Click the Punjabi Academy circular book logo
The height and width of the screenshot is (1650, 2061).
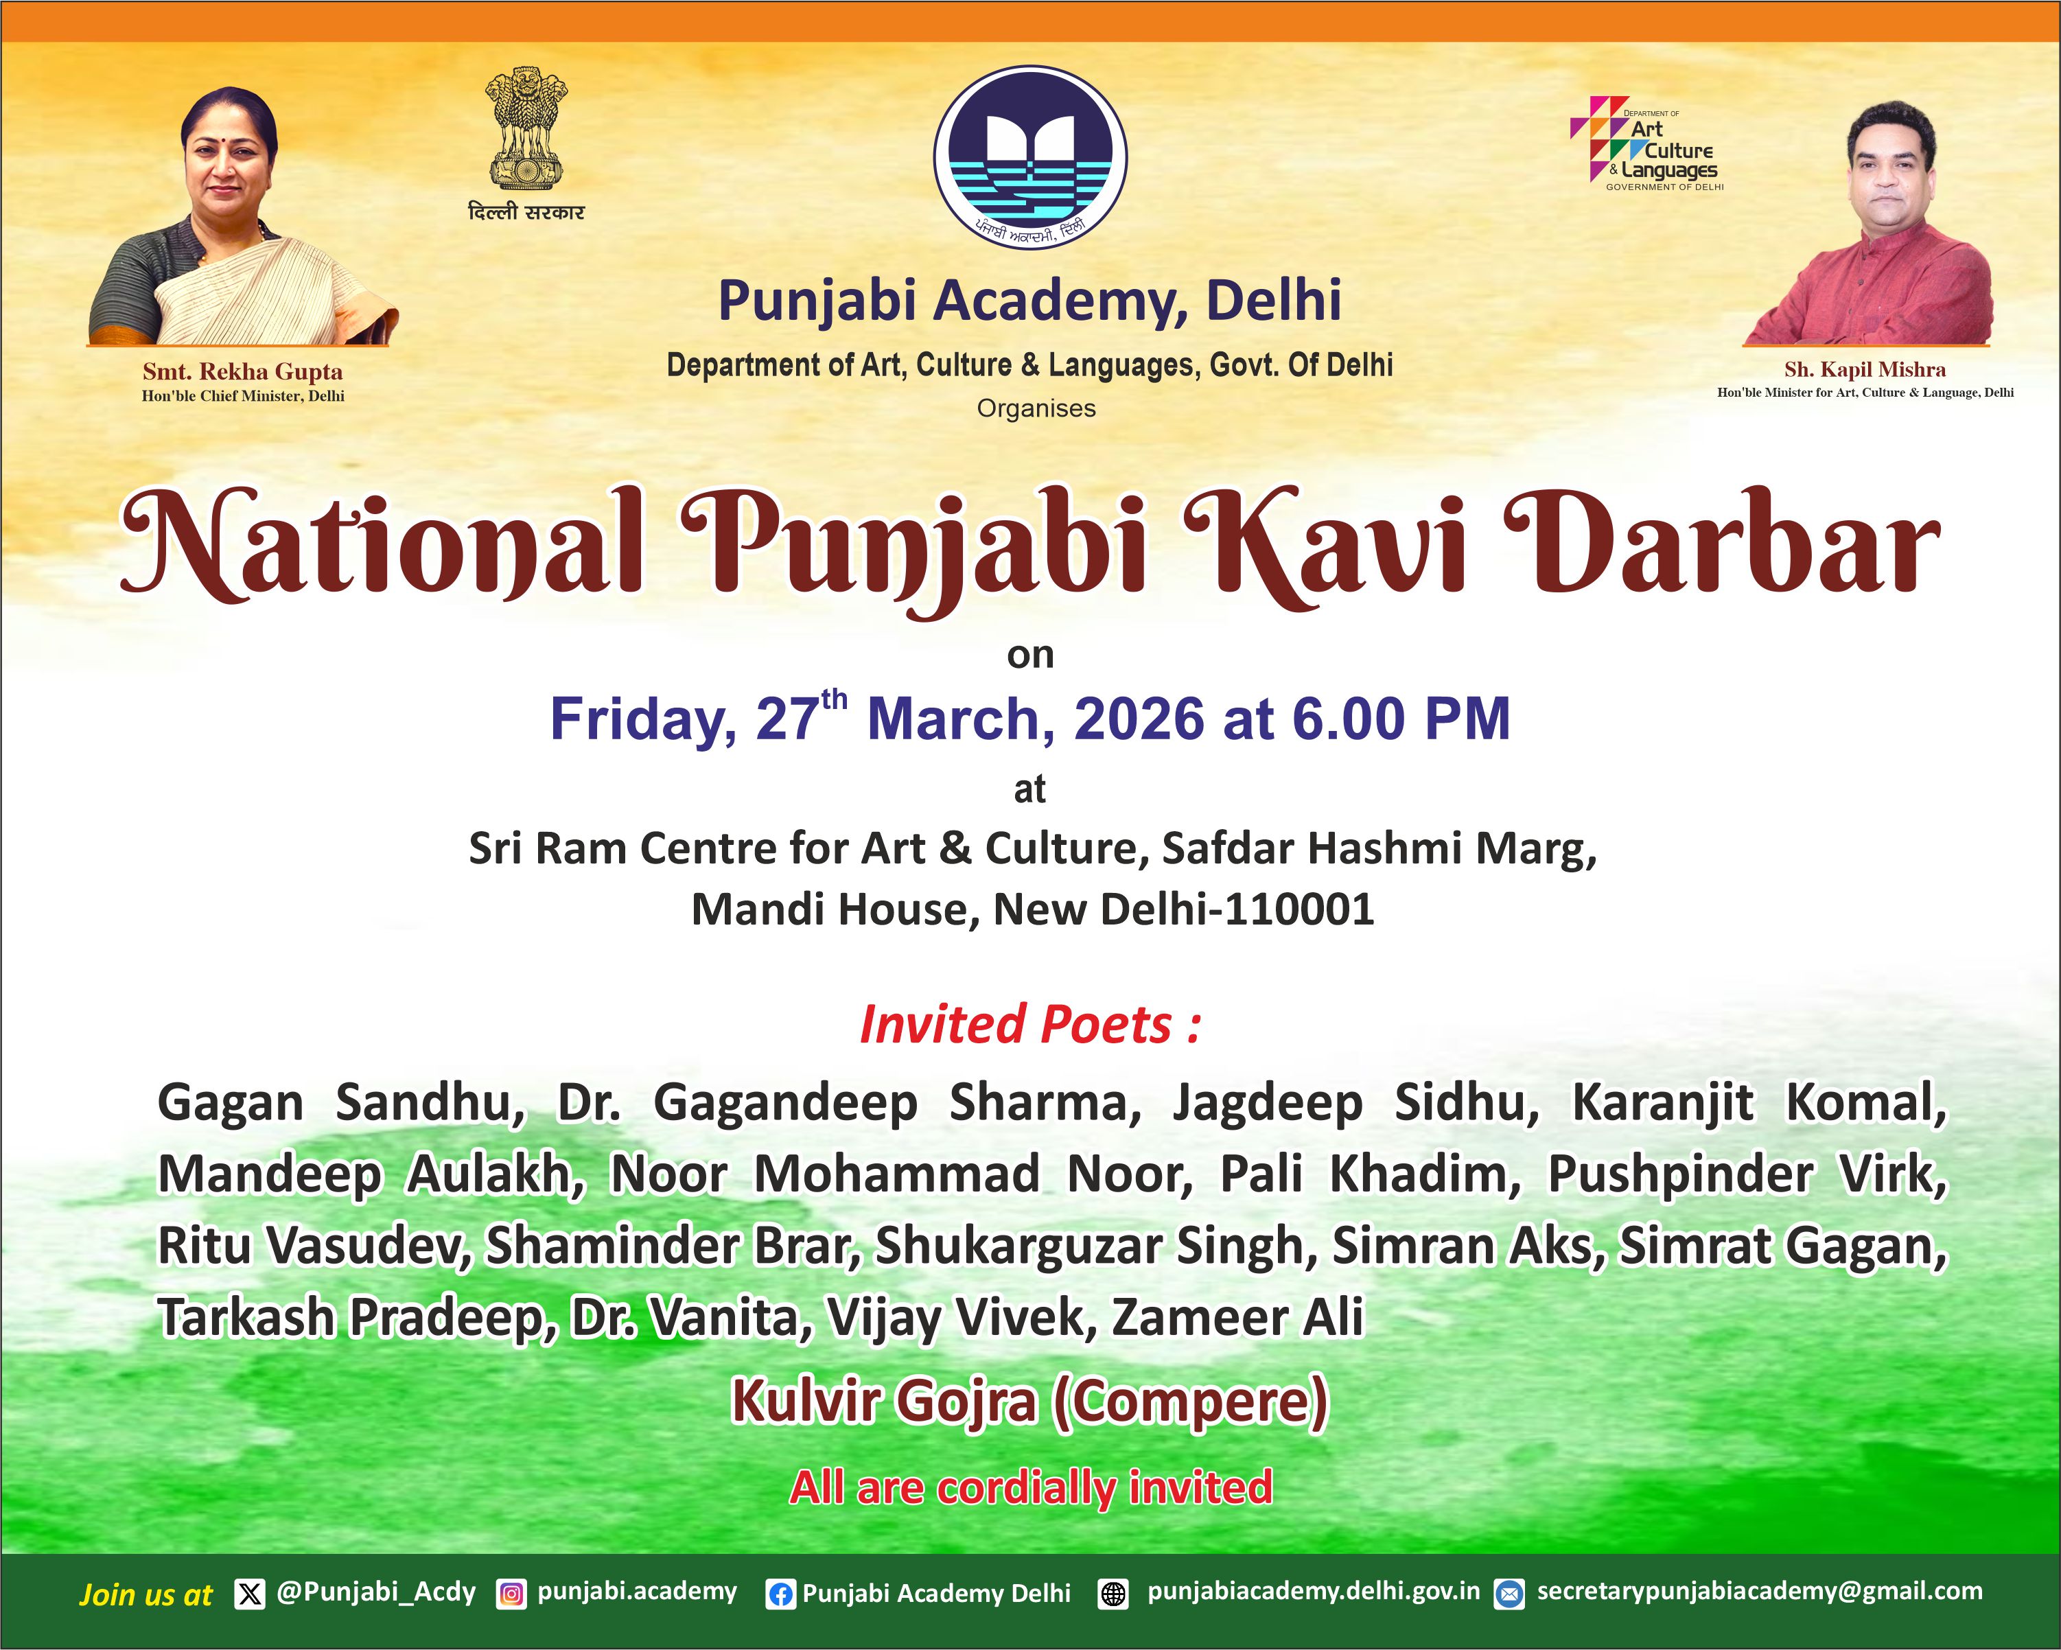(x=1031, y=158)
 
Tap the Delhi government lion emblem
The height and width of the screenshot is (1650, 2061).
(x=526, y=128)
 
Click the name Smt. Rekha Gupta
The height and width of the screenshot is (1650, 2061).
(x=243, y=372)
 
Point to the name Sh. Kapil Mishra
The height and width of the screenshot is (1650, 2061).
(x=1865, y=370)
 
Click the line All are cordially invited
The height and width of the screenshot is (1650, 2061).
(x=1031, y=1487)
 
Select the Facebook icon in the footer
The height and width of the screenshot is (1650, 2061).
(x=781, y=1594)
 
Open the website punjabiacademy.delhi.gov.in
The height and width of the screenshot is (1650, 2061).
(x=1314, y=1592)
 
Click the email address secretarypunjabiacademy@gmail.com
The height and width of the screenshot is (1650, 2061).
(x=1760, y=1592)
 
